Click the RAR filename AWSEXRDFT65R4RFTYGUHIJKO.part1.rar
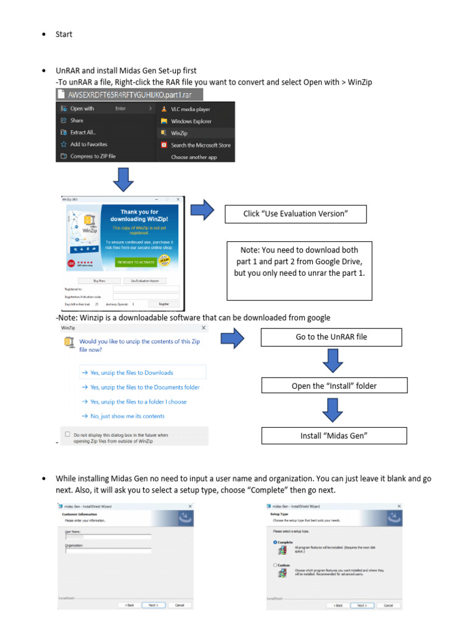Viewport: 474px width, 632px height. (x=130, y=94)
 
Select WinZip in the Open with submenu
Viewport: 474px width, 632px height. (x=179, y=133)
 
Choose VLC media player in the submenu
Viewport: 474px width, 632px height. (x=190, y=109)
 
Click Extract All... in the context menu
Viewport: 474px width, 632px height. (x=83, y=132)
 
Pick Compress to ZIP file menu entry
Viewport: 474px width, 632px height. (x=93, y=156)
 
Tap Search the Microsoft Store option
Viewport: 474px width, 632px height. (x=200, y=145)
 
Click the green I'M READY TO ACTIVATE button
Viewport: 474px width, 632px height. (x=135, y=262)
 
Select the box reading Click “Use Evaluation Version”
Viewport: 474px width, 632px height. (x=296, y=214)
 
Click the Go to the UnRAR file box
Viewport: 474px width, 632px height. (x=331, y=337)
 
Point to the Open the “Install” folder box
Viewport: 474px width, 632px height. (x=334, y=386)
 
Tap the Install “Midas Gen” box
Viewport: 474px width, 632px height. (x=334, y=436)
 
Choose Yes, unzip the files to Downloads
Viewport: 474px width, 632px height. (x=131, y=373)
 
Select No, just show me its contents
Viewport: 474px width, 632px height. (x=127, y=416)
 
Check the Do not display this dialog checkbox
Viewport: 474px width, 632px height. (x=68, y=434)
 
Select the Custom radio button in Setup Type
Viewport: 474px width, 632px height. (x=275, y=565)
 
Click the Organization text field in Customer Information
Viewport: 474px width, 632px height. (x=108, y=551)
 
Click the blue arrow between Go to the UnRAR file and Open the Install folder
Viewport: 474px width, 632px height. (x=332, y=362)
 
